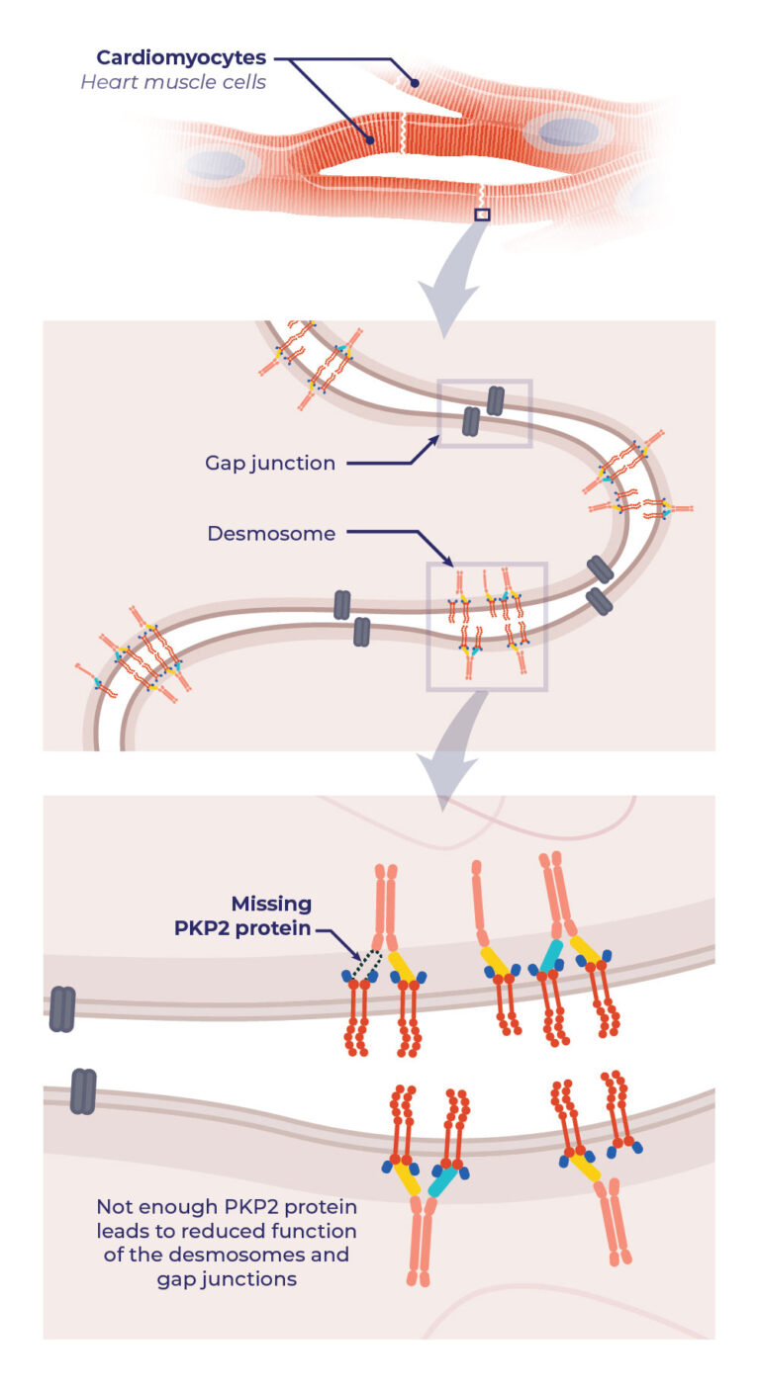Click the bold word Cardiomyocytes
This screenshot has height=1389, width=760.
[x=181, y=57]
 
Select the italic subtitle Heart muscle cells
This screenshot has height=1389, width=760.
[x=173, y=82]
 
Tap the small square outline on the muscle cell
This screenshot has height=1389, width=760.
[x=482, y=215]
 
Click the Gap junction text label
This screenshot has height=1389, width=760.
[x=269, y=463]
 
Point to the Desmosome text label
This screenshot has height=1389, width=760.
[x=271, y=534]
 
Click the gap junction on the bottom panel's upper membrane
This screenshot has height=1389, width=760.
[x=61, y=1009]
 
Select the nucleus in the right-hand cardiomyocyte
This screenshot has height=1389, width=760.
[x=568, y=132]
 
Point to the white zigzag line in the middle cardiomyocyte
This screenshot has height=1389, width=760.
[x=404, y=133]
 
